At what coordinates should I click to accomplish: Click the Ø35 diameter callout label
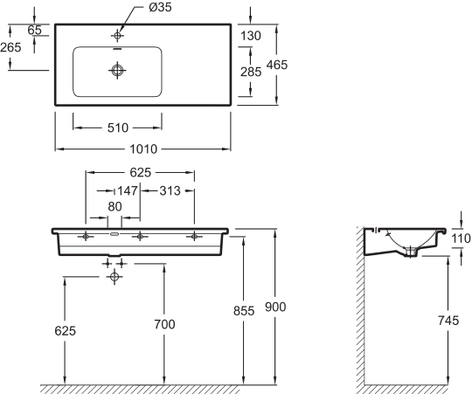(160, 7)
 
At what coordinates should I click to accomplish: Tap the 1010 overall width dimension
(143, 149)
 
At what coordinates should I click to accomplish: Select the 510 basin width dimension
(118, 128)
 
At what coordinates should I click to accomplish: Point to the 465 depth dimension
(277, 65)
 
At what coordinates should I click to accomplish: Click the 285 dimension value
(251, 72)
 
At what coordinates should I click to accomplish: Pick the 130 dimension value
(251, 36)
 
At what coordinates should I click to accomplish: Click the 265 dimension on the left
(10, 47)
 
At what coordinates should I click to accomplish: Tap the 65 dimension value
(34, 30)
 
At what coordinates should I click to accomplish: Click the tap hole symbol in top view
(117, 36)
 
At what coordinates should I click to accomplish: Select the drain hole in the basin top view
(117, 71)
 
